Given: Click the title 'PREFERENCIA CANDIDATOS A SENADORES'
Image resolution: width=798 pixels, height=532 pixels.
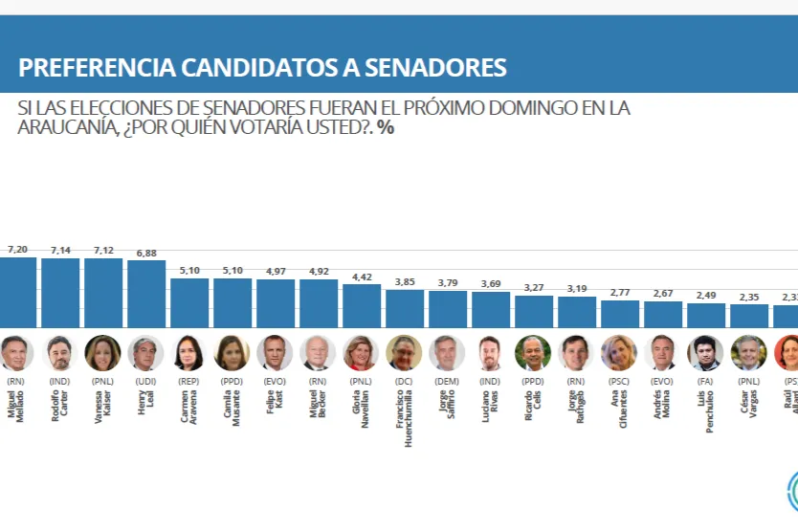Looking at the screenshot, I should pos(262,68).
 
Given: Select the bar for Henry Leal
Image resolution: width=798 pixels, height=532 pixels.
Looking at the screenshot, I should pos(146,294).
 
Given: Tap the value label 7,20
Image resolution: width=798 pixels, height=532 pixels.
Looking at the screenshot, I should pos(17,249).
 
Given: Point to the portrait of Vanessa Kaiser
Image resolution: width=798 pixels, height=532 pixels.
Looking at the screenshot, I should pos(103,353).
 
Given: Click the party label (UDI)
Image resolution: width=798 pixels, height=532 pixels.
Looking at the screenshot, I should pos(146,380).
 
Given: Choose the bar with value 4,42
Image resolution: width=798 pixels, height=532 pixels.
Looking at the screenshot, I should pos(362,306).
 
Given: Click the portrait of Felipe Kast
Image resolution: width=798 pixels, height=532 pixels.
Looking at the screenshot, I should pos(276,353).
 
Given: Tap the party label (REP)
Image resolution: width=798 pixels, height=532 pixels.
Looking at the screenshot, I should pos(189,380).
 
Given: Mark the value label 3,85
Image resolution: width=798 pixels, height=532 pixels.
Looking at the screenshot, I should pos(404,281).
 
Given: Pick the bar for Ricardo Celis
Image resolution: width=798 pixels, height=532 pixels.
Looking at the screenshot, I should pos(534,312).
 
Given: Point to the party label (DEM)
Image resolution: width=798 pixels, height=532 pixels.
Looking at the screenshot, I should pos(448,380).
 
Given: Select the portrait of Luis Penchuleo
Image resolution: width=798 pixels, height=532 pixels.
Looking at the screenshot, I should pos(706,353).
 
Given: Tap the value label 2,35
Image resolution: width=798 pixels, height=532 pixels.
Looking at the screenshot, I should pos(748,297).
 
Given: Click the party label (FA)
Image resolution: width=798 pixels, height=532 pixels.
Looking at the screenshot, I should pos(706,380).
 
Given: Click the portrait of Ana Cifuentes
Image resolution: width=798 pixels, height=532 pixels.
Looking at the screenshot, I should pos(620,353).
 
